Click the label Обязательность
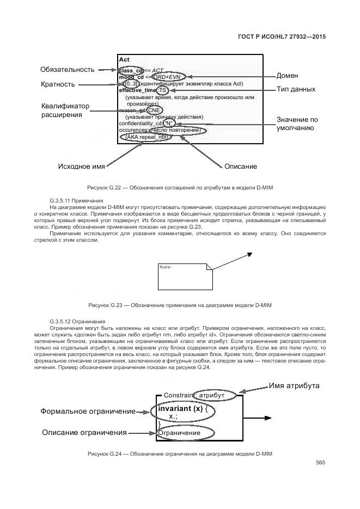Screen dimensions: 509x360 (x=68, y=70)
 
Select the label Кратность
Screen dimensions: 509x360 (x=58, y=84)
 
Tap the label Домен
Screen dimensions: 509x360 (x=287, y=76)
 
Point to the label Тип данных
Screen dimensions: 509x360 (x=296, y=89)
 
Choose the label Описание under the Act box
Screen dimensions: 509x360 (x=241, y=166)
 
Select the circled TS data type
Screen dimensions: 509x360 (x=162, y=90)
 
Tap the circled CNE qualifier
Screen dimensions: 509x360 (x=155, y=110)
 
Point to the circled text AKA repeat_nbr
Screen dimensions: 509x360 (x=148, y=137)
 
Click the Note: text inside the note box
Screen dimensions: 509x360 (x=166, y=267)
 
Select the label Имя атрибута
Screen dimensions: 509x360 (x=294, y=386)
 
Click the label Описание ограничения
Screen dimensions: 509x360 (x=84, y=432)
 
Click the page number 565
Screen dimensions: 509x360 (x=320, y=463)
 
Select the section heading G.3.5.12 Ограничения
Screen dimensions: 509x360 (x=77, y=322)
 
